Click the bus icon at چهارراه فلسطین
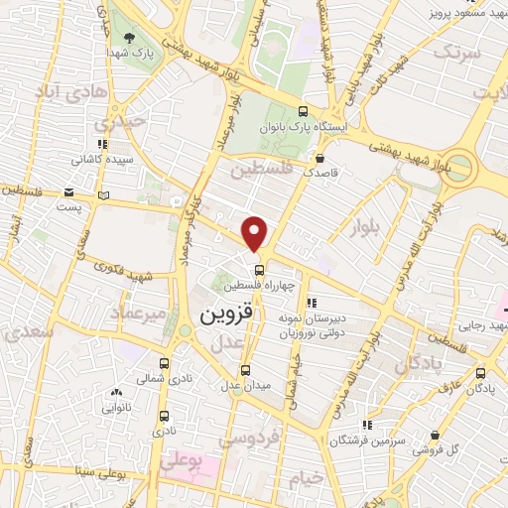coord(258,269)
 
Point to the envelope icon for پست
coord(68,192)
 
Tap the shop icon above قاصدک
coord(319,157)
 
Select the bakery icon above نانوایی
coord(117,392)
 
